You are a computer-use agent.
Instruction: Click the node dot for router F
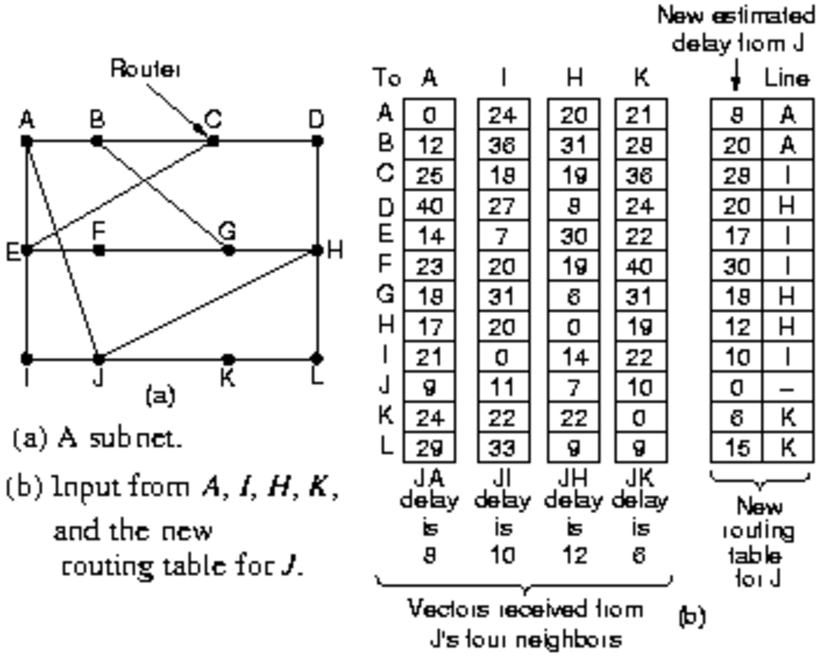(99, 251)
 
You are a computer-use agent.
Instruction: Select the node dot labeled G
(229, 251)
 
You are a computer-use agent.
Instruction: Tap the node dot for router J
(98, 359)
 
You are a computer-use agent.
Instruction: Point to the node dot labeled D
(317, 141)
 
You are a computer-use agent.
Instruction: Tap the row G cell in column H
(573, 297)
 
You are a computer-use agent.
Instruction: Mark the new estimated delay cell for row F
(736, 266)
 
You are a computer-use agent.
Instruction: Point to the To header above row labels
(386, 79)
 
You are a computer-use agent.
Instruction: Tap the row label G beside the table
(385, 295)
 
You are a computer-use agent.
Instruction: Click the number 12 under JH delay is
(573, 556)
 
